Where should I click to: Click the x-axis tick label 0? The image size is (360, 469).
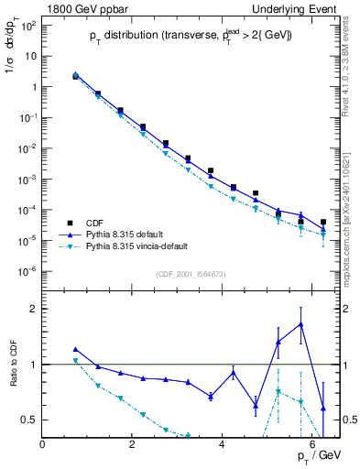43,444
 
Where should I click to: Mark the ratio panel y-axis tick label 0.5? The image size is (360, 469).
29,420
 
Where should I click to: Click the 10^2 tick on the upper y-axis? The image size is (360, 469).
27,25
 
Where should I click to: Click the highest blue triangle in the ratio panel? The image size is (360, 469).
300,323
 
